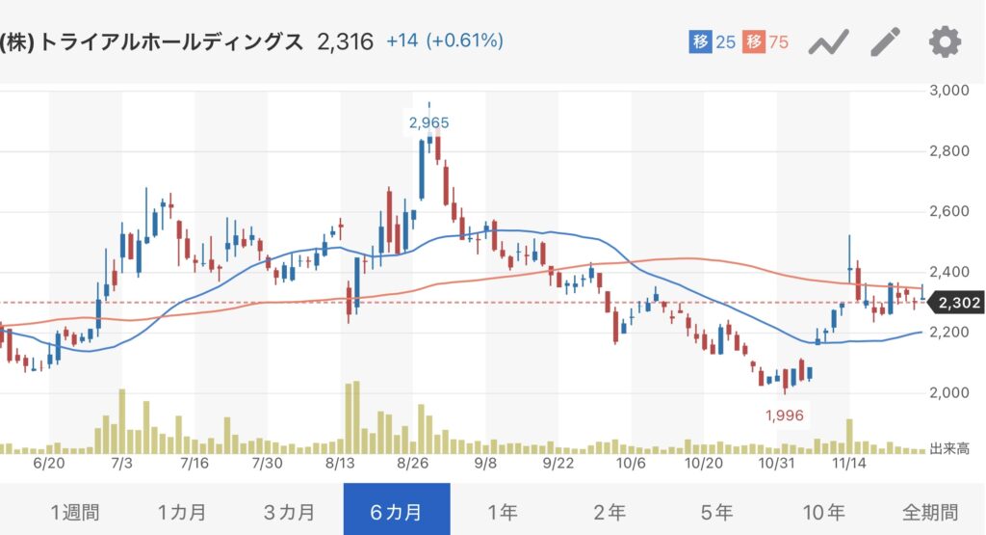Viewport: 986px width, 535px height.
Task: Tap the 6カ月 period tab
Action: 396,511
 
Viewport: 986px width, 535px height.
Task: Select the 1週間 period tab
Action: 74,511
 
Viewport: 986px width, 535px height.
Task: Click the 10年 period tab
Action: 823,511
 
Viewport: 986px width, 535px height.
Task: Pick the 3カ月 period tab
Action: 289,511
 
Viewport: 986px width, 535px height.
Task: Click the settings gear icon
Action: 945,42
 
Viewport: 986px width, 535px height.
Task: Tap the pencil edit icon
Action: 885,42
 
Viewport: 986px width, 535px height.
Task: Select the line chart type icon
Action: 828,42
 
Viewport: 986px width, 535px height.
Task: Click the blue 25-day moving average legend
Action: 713,42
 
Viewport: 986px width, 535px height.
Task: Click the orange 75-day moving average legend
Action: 766,42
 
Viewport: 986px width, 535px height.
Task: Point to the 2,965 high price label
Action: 428,122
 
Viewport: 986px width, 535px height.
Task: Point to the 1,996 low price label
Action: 784,415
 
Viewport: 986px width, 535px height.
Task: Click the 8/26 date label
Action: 412,463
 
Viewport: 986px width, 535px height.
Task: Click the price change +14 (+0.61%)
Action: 445,41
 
